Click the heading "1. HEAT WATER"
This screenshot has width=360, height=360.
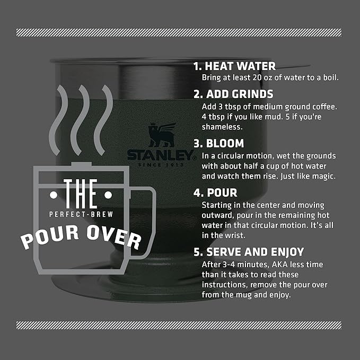point(234,66)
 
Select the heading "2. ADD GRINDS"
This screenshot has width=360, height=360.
point(233,94)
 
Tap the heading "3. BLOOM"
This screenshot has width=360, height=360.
point(218,143)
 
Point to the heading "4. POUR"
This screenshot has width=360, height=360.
point(215,192)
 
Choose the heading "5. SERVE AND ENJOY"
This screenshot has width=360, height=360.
point(248,252)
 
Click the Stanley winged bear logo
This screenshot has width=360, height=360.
point(160,135)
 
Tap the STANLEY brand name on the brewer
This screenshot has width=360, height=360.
point(159,155)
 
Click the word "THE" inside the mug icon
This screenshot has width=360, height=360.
point(80,195)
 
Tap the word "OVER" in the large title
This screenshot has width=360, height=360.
point(116,236)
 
